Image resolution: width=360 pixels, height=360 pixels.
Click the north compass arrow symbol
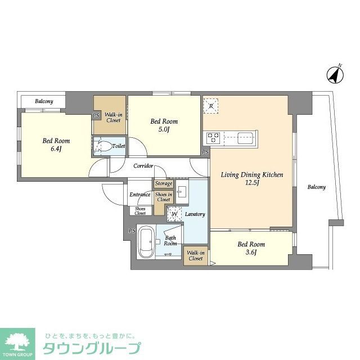pos(336,75)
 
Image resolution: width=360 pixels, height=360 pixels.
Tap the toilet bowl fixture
pos(103,146)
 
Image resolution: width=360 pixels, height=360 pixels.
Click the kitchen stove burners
pos(214,137)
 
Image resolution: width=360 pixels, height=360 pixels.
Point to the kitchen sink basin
pos(246,137)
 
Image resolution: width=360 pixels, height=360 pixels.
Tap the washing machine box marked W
pos(174,214)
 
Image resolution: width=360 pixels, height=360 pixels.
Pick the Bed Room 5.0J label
pos(164,125)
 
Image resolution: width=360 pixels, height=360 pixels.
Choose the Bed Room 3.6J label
pos(251,248)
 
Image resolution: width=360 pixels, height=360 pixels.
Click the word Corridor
pos(143,166)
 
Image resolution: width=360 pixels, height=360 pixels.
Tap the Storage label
pos(164,183)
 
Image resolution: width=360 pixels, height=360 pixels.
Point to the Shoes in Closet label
pos(164,197)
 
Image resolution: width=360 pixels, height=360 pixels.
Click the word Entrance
pos(139,195)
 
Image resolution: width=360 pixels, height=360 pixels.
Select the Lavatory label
pos(195,214)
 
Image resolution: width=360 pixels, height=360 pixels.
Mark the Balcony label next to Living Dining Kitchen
pos(316,187)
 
